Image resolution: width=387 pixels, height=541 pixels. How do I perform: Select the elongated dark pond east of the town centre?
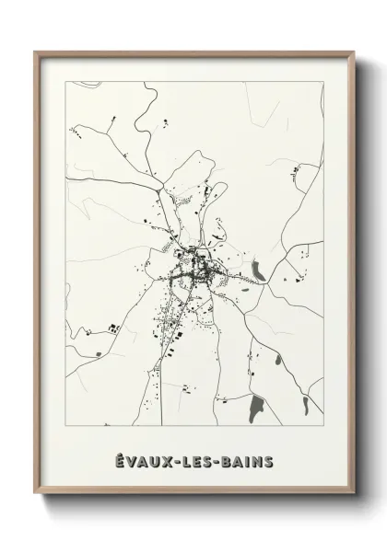pos(259,270)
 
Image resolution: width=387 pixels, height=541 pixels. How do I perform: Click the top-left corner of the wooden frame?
pos(36,52)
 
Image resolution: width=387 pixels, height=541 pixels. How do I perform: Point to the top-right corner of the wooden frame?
pos(354,52)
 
